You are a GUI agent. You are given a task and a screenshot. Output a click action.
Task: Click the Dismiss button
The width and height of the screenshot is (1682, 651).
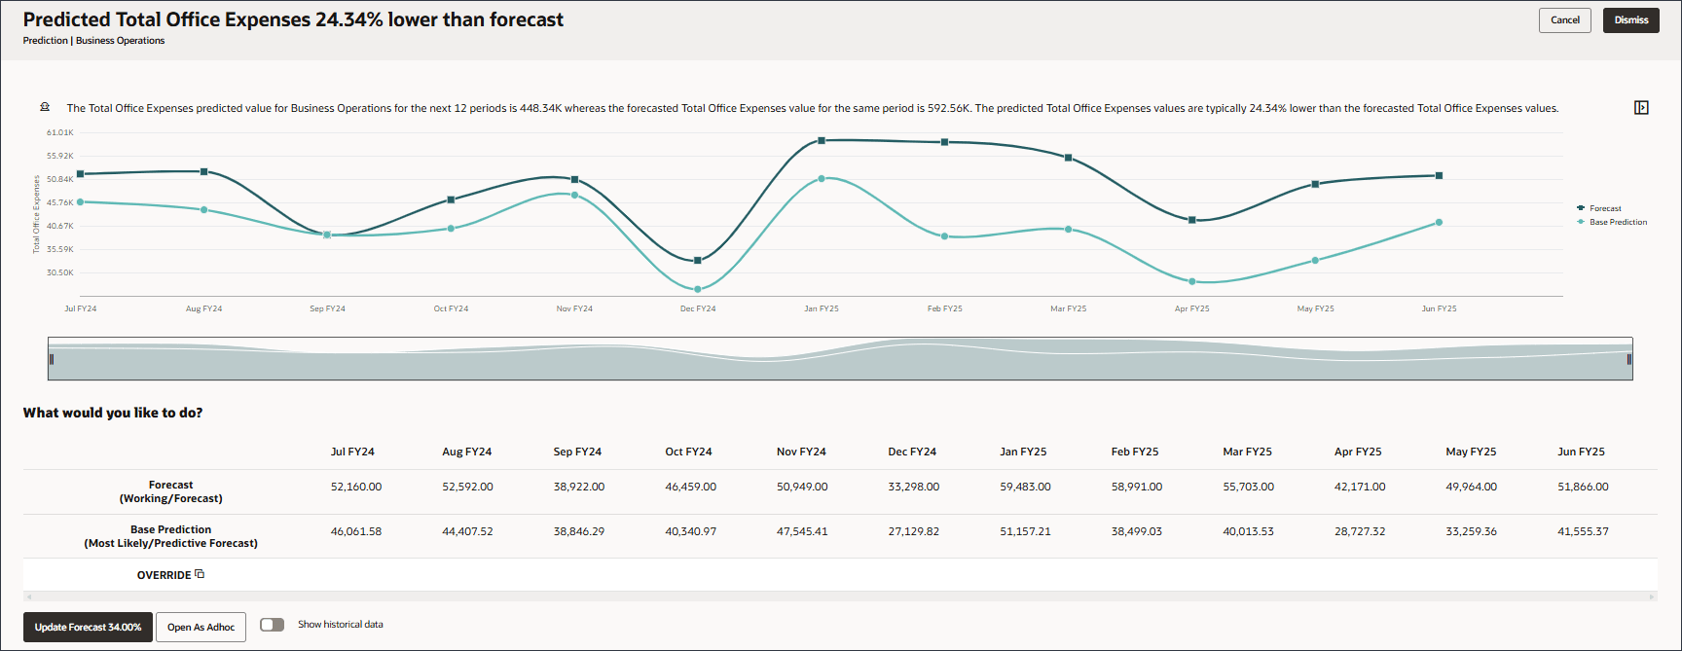click(1630, 20)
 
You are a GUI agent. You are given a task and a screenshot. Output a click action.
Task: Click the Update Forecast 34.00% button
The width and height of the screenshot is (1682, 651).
click(88, 628)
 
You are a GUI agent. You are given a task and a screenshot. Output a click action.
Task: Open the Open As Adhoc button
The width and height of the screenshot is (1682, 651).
click(201, 628)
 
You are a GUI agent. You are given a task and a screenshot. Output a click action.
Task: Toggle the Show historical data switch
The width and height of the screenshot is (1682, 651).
click(273, 625)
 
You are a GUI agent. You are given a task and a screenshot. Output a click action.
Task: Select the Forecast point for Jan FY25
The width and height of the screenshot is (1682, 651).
click(822, 141)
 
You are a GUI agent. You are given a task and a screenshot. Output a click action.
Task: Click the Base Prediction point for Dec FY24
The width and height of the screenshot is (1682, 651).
click(698, 289)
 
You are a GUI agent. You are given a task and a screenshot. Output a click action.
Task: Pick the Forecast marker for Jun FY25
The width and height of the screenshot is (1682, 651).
click(1439, 176)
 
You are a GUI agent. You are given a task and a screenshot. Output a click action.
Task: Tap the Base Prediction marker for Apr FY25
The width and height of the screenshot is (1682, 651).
click(1192, 281)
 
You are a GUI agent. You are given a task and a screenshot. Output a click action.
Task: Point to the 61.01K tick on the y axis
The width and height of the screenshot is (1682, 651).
click(60, 132)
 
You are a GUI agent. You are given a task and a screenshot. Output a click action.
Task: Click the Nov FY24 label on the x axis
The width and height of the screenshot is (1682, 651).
click(574, 308)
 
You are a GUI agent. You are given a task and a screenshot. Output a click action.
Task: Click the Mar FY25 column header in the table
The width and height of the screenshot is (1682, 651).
click(1247, 452)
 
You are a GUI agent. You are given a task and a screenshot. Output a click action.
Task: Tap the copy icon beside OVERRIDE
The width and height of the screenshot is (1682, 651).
click(200, 574)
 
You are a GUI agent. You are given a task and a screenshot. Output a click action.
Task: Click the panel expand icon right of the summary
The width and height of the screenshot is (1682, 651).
click(1641, 108)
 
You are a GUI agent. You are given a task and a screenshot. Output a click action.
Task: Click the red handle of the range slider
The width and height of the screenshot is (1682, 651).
click(1628, 359)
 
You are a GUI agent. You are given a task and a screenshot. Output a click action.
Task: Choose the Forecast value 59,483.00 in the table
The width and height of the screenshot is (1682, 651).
click(1025, 487)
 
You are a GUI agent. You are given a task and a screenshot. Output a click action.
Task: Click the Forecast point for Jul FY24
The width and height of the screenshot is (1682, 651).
click(80, 174)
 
